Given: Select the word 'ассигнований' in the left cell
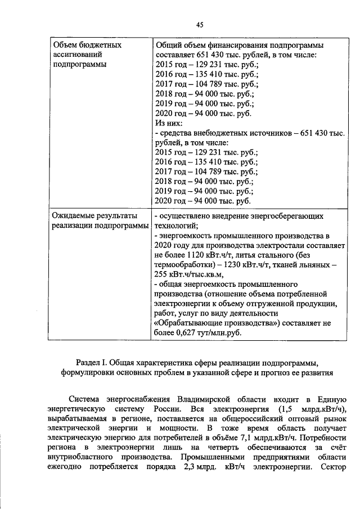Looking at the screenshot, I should click(x=76, y=55).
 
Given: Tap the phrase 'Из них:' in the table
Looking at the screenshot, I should click(x=168, y=122).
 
